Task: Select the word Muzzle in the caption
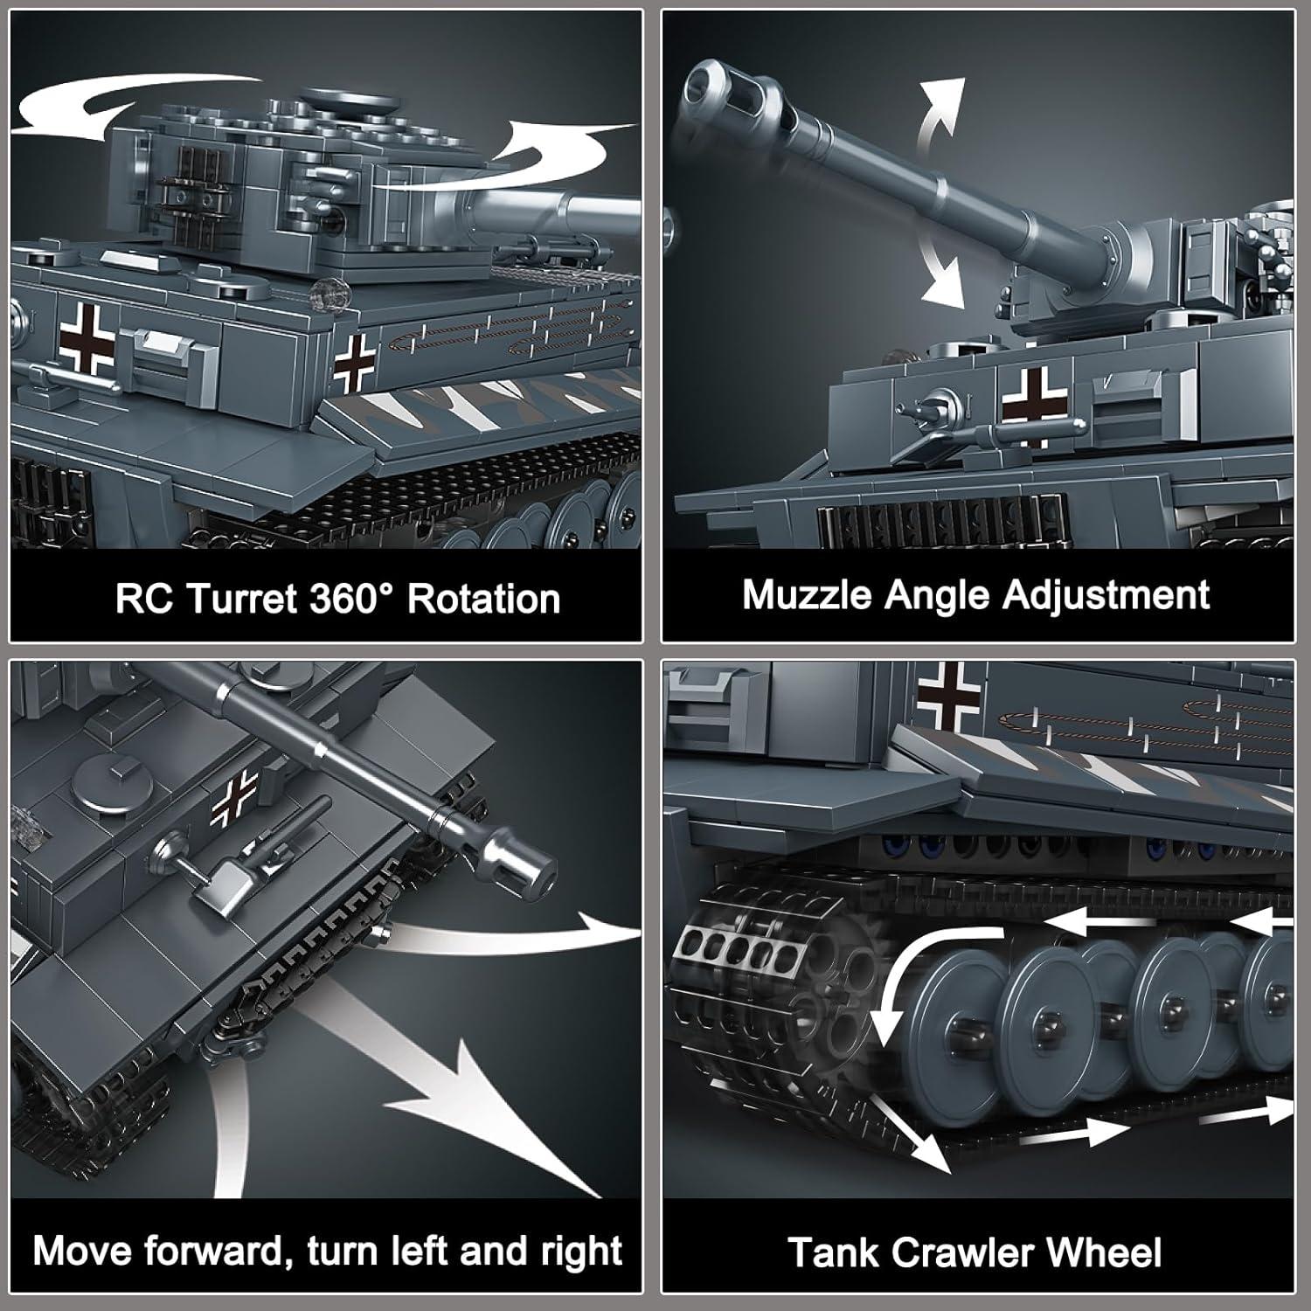806,595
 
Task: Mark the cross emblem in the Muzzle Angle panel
1034,405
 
